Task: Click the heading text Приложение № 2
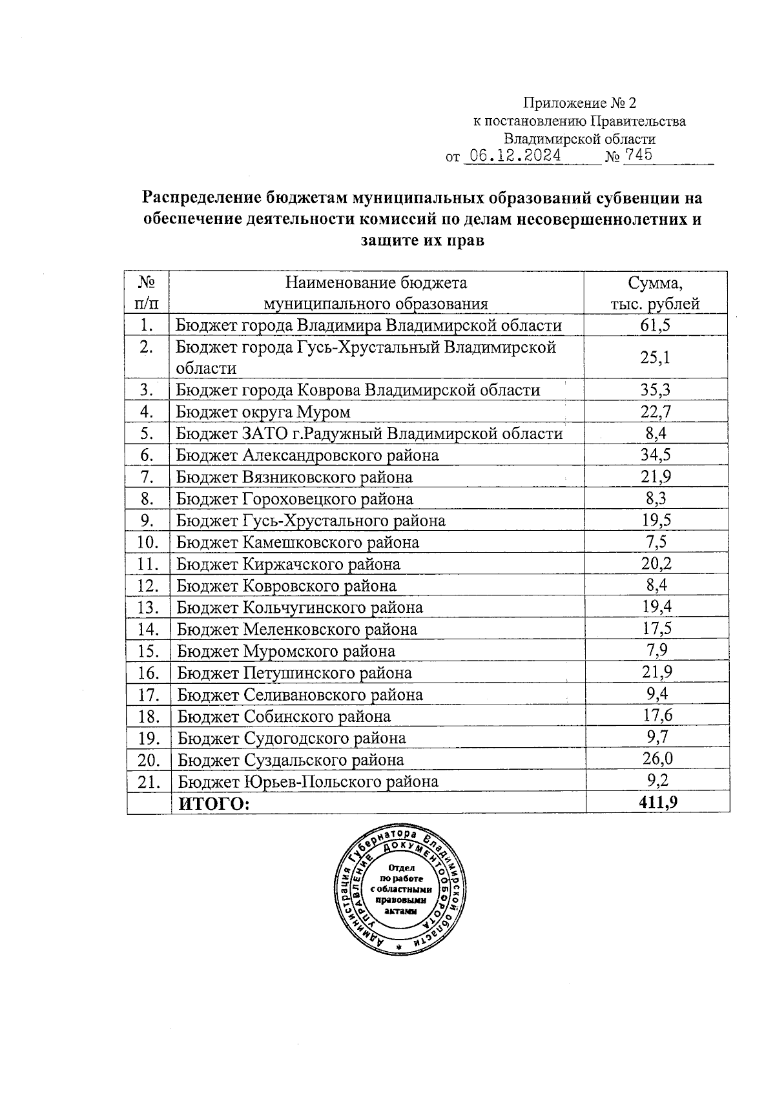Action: click(579, 103)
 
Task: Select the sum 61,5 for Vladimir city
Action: click(655, 325)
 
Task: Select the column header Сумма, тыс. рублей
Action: click(655, 293)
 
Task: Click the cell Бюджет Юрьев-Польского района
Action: click(308, 782)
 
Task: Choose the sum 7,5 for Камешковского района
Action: click(656, 542)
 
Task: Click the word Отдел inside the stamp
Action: click(402, 868)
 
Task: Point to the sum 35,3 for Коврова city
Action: click(655, 390)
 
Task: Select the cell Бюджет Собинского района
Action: click(284, 717)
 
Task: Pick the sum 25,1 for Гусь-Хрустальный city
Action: click(655, 357)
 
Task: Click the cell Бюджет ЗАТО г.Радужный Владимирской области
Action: click(369, 434)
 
